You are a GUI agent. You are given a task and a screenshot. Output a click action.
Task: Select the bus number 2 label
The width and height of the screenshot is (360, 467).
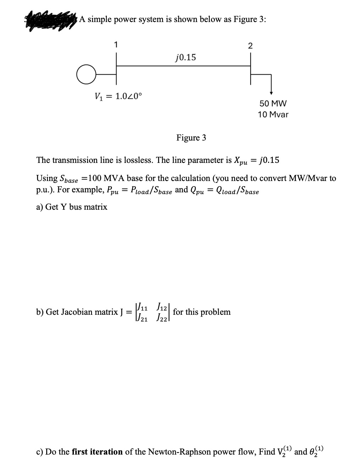point(250,45)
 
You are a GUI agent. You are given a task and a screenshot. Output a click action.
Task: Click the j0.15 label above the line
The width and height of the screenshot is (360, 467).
point(186,57)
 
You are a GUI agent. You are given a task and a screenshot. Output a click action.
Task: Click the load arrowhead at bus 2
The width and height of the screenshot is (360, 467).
point(271,93)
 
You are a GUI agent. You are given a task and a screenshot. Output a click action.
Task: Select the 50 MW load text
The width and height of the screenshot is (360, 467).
point(273,104)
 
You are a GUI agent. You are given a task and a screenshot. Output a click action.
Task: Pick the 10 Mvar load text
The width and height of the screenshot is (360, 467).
point(273,115)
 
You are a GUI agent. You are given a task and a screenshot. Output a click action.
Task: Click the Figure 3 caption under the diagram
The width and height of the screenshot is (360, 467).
point(191,138)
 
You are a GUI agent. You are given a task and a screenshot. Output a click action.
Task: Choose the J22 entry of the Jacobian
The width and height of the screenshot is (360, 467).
point(162,318)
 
